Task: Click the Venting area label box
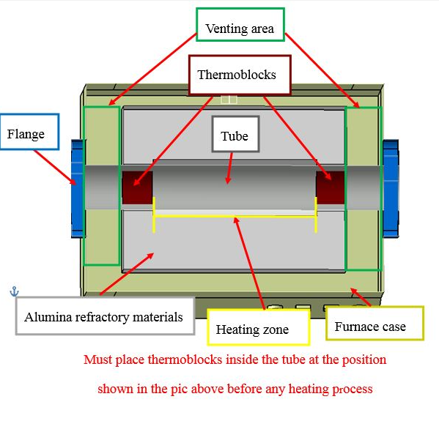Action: (x=240, y=25)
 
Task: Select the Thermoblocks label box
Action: (x=240, y=75)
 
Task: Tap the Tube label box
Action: (x=235, y=134)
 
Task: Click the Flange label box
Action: (x=29, y=132)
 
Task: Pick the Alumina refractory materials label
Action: (x=105, y=316)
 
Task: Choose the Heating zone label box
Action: (x=259, y=327)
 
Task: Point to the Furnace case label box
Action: (x=375, y=324)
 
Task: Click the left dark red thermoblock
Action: (x=138, y=187)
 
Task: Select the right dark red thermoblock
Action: (x=330, y=187)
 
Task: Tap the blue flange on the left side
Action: (x=78, y=189)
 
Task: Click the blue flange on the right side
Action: (x=391, y=189)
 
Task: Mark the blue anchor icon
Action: (x=14, y=291)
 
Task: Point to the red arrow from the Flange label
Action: (x=55, y=167)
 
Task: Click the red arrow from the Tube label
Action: (x=230, y=168)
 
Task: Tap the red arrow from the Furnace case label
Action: (x=361, y=297)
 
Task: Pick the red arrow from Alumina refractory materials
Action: (x=127, y=274)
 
